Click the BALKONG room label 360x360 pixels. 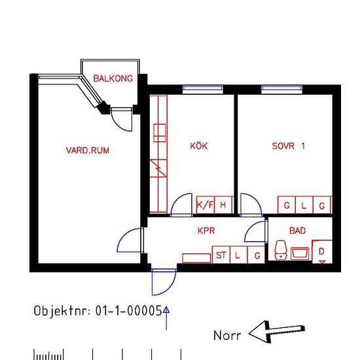tap(113, 79)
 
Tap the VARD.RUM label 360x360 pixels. tap(88, 151)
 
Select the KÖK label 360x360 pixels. tap(199, 145)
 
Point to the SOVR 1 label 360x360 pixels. tap(289, 146)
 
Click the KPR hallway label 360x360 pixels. tap(206, 230)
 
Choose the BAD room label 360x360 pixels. tap(298, 230)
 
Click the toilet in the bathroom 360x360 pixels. tap(281, 250)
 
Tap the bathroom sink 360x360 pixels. tap(300, 253)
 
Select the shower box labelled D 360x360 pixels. tap(322, 252)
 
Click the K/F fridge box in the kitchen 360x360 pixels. tap(206, 205)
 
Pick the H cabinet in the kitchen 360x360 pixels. tap(223, 205)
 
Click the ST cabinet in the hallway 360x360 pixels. tap(221, 255)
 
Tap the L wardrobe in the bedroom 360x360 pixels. tap(304, 205)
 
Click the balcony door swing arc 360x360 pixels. tap(119, 123)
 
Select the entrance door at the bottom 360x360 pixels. tap(164, 282)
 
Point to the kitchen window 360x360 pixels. tap(203, 89)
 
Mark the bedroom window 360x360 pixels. tap(281, 89)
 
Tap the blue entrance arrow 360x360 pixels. tap(166, 318)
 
